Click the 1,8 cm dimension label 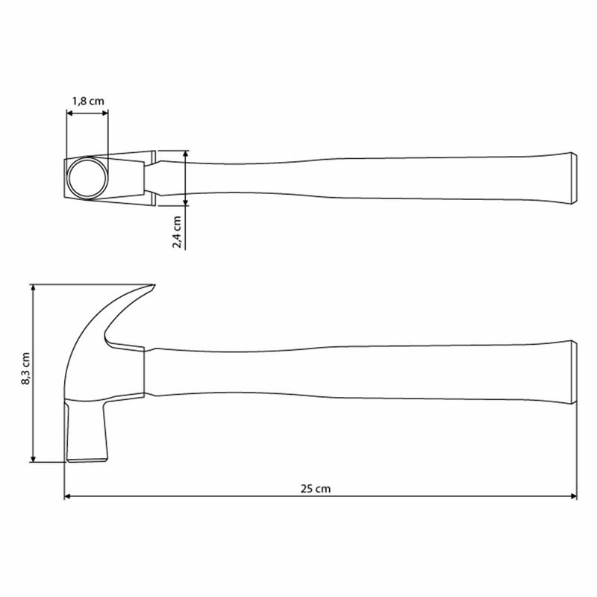coord(88,101)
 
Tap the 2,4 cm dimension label coord(177,232)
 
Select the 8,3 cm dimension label coord(25,369)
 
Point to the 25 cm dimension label coord(316,489)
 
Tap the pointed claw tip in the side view coord(154,285)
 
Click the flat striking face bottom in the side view coord(87,460)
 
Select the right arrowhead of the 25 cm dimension coord(573,496)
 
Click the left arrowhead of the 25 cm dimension coord(68,496)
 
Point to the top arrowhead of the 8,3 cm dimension coord(33,288)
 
